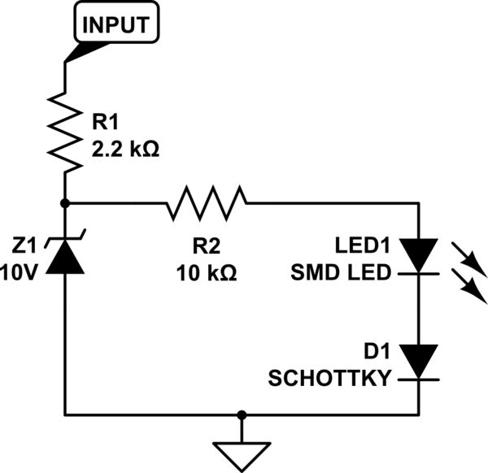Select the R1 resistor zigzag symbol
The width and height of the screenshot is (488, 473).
pos(64,129)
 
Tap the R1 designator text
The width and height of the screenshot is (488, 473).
pos(105,123)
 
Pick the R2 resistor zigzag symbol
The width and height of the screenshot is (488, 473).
pos(207,202)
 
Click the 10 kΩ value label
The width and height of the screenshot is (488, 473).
pos(207,273)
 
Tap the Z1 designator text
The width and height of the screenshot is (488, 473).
pos(24,245)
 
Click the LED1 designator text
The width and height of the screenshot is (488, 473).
pos(364,245)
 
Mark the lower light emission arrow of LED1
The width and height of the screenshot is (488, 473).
pos(473,289)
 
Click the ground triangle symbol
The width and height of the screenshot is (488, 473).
pos(241,454)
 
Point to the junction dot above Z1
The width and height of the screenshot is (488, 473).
pos(64,202)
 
